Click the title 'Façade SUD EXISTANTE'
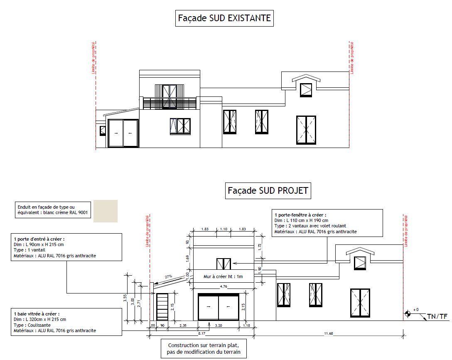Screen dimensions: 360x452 224,18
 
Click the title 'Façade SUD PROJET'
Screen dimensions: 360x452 268,191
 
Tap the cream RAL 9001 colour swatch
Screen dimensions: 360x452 106,211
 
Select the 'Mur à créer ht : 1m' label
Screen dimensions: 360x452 223,276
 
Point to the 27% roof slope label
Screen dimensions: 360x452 168,276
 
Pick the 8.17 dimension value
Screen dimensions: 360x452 201,333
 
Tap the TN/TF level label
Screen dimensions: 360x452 437,317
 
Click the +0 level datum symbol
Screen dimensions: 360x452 409,313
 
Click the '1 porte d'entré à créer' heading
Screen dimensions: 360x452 39,239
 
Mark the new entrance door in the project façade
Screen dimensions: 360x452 162,307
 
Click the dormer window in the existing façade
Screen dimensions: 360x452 306,90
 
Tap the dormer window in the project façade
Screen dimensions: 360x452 359,263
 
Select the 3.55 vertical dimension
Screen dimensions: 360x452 125,298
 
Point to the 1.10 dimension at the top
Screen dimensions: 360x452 223,229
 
